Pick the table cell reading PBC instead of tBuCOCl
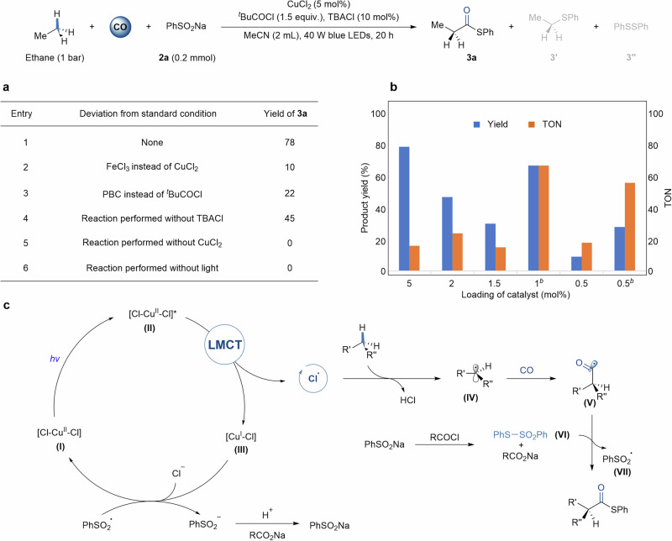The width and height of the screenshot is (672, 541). (x=160, y=192)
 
